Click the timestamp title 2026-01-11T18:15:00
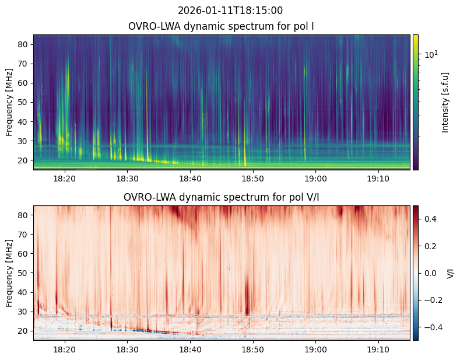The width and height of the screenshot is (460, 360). point(230,11)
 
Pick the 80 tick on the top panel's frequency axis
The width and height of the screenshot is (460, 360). point(26,44)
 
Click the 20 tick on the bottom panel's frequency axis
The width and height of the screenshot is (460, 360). point(26,331)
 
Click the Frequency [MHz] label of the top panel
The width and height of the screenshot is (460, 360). point(9,102)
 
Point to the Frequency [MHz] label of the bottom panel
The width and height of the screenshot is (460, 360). point(9,273)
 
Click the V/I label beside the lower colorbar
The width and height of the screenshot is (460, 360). point(450,273)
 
